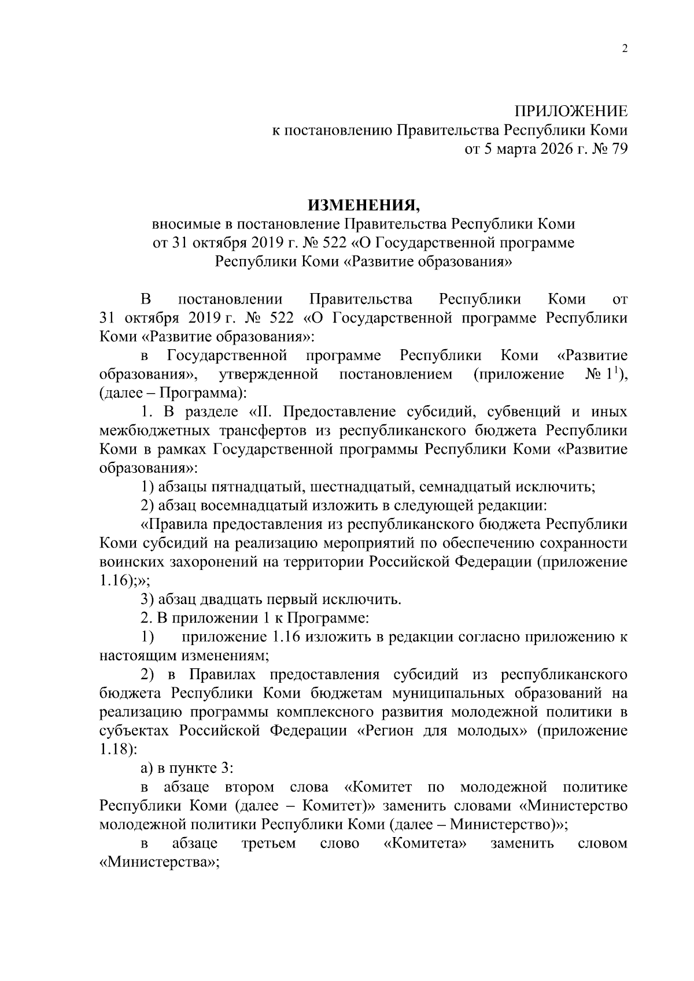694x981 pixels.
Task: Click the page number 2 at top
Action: coord(624,49)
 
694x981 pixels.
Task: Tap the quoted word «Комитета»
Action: coord(425,843)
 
